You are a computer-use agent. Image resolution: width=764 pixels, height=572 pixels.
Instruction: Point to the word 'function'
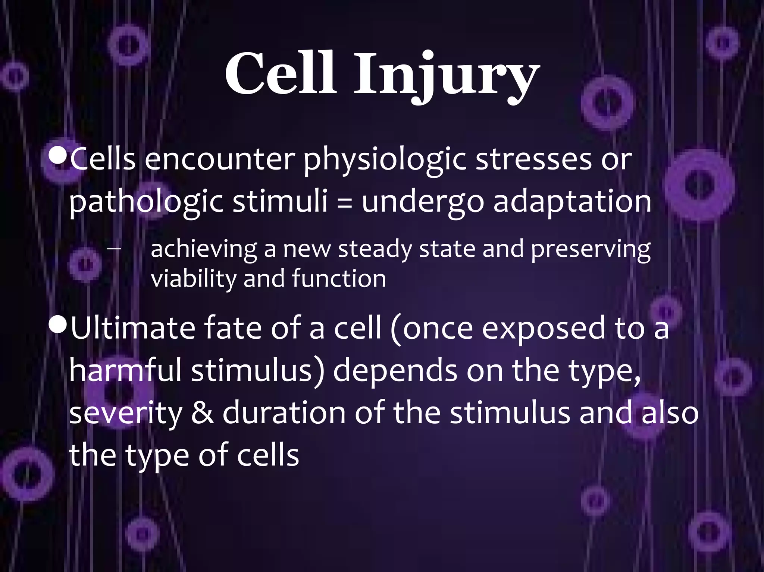(x=338, y=279)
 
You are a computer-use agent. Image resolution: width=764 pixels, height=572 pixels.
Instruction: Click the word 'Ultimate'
(x=133, y=328)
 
